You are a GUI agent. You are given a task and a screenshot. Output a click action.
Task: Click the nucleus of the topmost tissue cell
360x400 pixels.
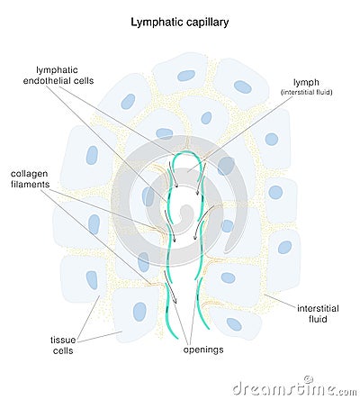coord(186,76)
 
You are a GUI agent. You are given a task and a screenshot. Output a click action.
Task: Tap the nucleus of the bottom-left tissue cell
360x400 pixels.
coord(139,312)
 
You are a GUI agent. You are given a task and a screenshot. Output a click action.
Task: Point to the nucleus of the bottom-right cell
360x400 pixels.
coord(234,323)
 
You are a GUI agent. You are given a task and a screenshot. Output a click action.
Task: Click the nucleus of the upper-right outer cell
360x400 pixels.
coord(243,86)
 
